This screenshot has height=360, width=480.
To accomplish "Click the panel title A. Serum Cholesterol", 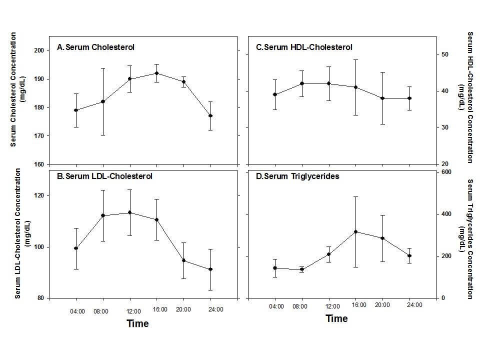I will [95, 47].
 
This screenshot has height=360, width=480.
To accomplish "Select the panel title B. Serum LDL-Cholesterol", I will [105, 176].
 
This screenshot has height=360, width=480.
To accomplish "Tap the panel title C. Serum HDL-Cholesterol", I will [304, 47].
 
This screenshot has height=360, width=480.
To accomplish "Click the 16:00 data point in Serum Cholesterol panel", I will [157, 73].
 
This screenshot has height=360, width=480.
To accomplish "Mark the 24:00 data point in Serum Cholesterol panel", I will [210, 115].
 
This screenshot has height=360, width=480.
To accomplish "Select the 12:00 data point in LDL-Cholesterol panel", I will [130, 212].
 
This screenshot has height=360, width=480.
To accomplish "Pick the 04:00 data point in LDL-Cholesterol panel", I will [76, 248].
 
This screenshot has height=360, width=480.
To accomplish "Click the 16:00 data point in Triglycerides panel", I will [355, 231].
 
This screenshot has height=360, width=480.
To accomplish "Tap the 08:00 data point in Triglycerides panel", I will [302, 269].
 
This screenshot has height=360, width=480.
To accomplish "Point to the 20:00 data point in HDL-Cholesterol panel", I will [382, 98].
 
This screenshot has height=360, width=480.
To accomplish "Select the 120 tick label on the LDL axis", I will [39, 195].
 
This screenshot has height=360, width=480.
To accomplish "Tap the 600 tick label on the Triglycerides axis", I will [446, 172].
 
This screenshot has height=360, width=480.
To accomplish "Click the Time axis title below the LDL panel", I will [137, 323].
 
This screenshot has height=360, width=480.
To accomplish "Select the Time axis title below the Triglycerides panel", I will [336, 318].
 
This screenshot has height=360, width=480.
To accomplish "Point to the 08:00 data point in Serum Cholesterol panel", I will [103, 101].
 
